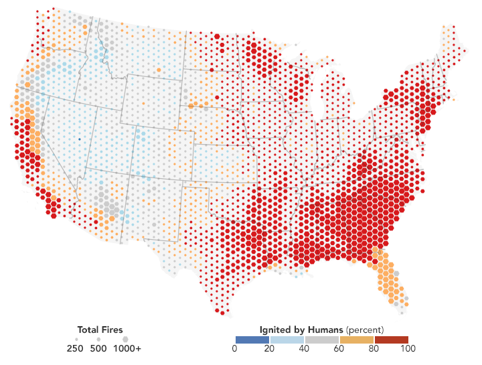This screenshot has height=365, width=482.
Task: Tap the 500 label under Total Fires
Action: point(98,348)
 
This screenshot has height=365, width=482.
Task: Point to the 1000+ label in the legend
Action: point(127,348)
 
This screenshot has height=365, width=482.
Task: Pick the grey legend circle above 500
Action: point(98,340)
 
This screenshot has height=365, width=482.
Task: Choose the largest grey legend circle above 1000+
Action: point(125,340)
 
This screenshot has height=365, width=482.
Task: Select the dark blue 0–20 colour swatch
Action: point(252,340)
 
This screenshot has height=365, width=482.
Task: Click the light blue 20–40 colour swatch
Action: point(287,340)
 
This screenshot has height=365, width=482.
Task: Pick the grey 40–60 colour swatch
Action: point(321,340)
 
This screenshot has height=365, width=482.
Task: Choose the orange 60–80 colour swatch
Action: point(356,340)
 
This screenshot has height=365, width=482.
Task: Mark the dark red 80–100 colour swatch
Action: point(391,340)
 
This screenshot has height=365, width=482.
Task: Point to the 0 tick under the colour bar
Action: point(234,348)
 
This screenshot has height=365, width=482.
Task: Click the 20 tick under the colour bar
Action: point(269,348)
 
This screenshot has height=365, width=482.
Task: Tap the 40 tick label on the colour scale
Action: point(304,348)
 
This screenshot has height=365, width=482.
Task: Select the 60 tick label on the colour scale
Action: point(339,348)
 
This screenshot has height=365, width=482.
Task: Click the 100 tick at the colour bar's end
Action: point(408,348)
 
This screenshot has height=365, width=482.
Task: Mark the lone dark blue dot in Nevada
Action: point(78,139)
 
